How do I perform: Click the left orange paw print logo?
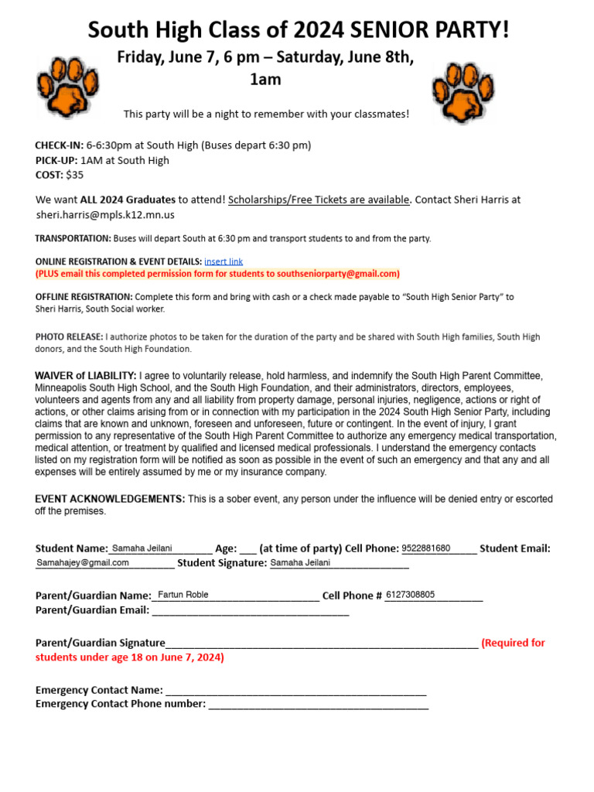(68, 87)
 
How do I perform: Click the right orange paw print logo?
(463, 92)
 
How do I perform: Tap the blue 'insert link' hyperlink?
(224, 261)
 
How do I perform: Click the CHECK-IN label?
(59, 145)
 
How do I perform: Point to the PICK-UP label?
(56, 161)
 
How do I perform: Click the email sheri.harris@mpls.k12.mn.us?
(105, 214)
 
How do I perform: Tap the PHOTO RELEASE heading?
(69, 337)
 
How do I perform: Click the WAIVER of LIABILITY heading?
(86, 376)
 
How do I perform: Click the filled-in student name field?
(142, 548)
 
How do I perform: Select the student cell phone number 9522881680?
(425, 548)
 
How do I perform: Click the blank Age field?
(247, 549)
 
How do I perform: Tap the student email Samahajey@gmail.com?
(83, 563)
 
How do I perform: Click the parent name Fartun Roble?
(183, 595)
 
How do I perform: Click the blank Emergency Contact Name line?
(295, 690)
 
